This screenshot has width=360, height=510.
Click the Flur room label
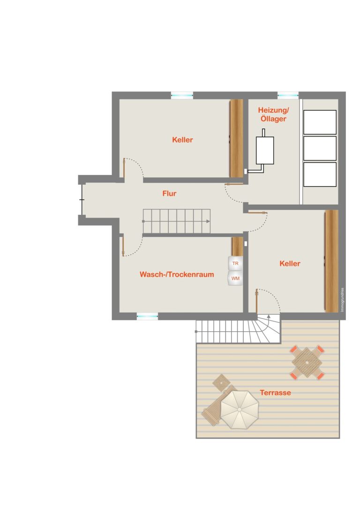click(x=169, y=193)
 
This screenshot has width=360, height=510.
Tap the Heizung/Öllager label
click(x=273, y=114)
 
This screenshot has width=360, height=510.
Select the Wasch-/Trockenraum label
click(x=177, y=274)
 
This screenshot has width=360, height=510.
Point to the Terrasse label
click(x=275, y=393)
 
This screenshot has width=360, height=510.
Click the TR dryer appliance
click(x=235, y=264)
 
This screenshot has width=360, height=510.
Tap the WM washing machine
click(x=235, y=278)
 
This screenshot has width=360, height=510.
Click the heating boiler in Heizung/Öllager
click(x=265, y=150)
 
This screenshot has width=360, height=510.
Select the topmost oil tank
click(x=320, y=122)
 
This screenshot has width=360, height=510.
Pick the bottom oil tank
click(x=320, y=175)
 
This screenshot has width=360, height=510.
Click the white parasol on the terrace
click(x=240, y=410)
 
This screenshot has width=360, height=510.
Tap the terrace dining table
click(x=307, y=362)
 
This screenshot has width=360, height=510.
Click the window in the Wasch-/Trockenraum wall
click(x=148, y=316)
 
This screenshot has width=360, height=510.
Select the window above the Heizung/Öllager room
click(x=288, y=95)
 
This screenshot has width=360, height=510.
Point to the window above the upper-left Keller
click(x=182, y=95)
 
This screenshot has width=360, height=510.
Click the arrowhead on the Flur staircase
click(x=208, y=221)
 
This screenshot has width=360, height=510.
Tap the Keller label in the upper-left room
click(x=183, y=140)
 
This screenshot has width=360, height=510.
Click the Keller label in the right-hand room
click(x=290, y=264)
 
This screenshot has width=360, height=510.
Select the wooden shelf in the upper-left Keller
click(x=237, y=138)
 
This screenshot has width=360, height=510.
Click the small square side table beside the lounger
click(x=221, y=382)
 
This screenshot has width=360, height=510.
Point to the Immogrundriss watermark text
click(x=342, y=300)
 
